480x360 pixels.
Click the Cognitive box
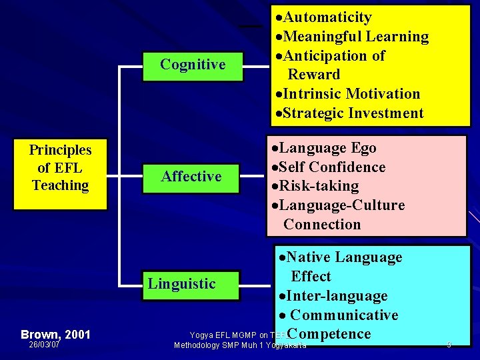coord(193,65)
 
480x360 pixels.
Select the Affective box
coord(191,177)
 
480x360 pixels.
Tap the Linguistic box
coord(181,284)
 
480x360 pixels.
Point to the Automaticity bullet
coord(323,17)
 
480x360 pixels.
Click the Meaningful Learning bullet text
coord(351,37)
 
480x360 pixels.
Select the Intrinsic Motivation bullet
coord(347,94)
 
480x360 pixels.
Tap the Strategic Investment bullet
coord(348,113)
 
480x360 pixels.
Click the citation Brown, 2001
coord(55,334)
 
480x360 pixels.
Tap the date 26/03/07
coord(44,345)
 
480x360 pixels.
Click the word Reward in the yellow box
coord(313,75)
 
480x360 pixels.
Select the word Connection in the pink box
coord(322,225)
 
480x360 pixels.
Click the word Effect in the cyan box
coord(311,277)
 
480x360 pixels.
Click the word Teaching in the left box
coord(60,185)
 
